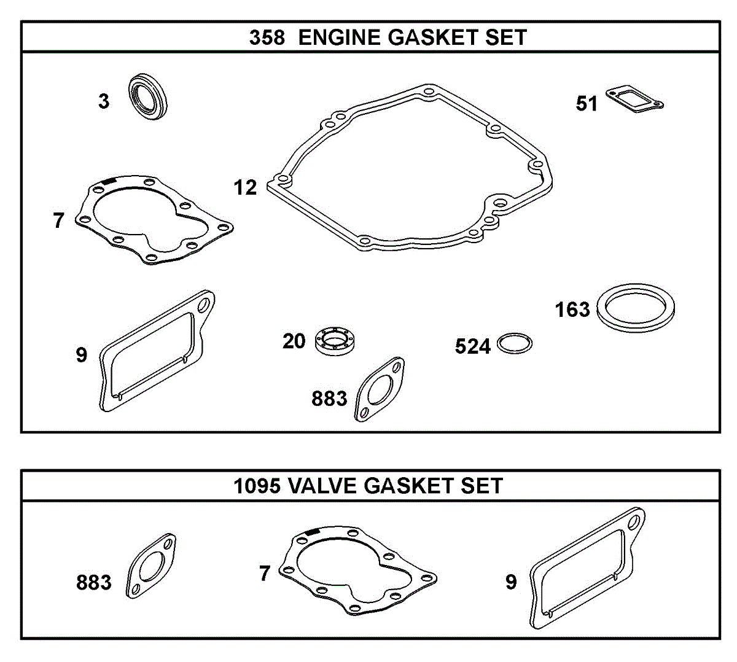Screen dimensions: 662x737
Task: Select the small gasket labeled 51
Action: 634,100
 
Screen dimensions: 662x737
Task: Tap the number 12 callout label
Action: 246,187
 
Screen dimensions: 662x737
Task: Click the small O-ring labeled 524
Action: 514,344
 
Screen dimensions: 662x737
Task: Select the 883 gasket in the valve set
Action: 151,566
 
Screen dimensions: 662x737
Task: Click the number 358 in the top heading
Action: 267,37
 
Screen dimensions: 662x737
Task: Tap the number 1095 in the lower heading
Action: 257,486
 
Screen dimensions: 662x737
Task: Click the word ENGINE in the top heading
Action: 339,37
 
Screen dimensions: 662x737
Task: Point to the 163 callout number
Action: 572,310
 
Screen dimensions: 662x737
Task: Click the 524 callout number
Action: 472,347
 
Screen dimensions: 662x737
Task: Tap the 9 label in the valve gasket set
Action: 511,582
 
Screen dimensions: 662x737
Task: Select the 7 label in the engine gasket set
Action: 58,220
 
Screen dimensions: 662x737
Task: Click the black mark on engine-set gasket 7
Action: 109,181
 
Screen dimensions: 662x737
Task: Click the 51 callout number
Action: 587,104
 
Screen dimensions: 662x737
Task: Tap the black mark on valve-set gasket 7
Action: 312,532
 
